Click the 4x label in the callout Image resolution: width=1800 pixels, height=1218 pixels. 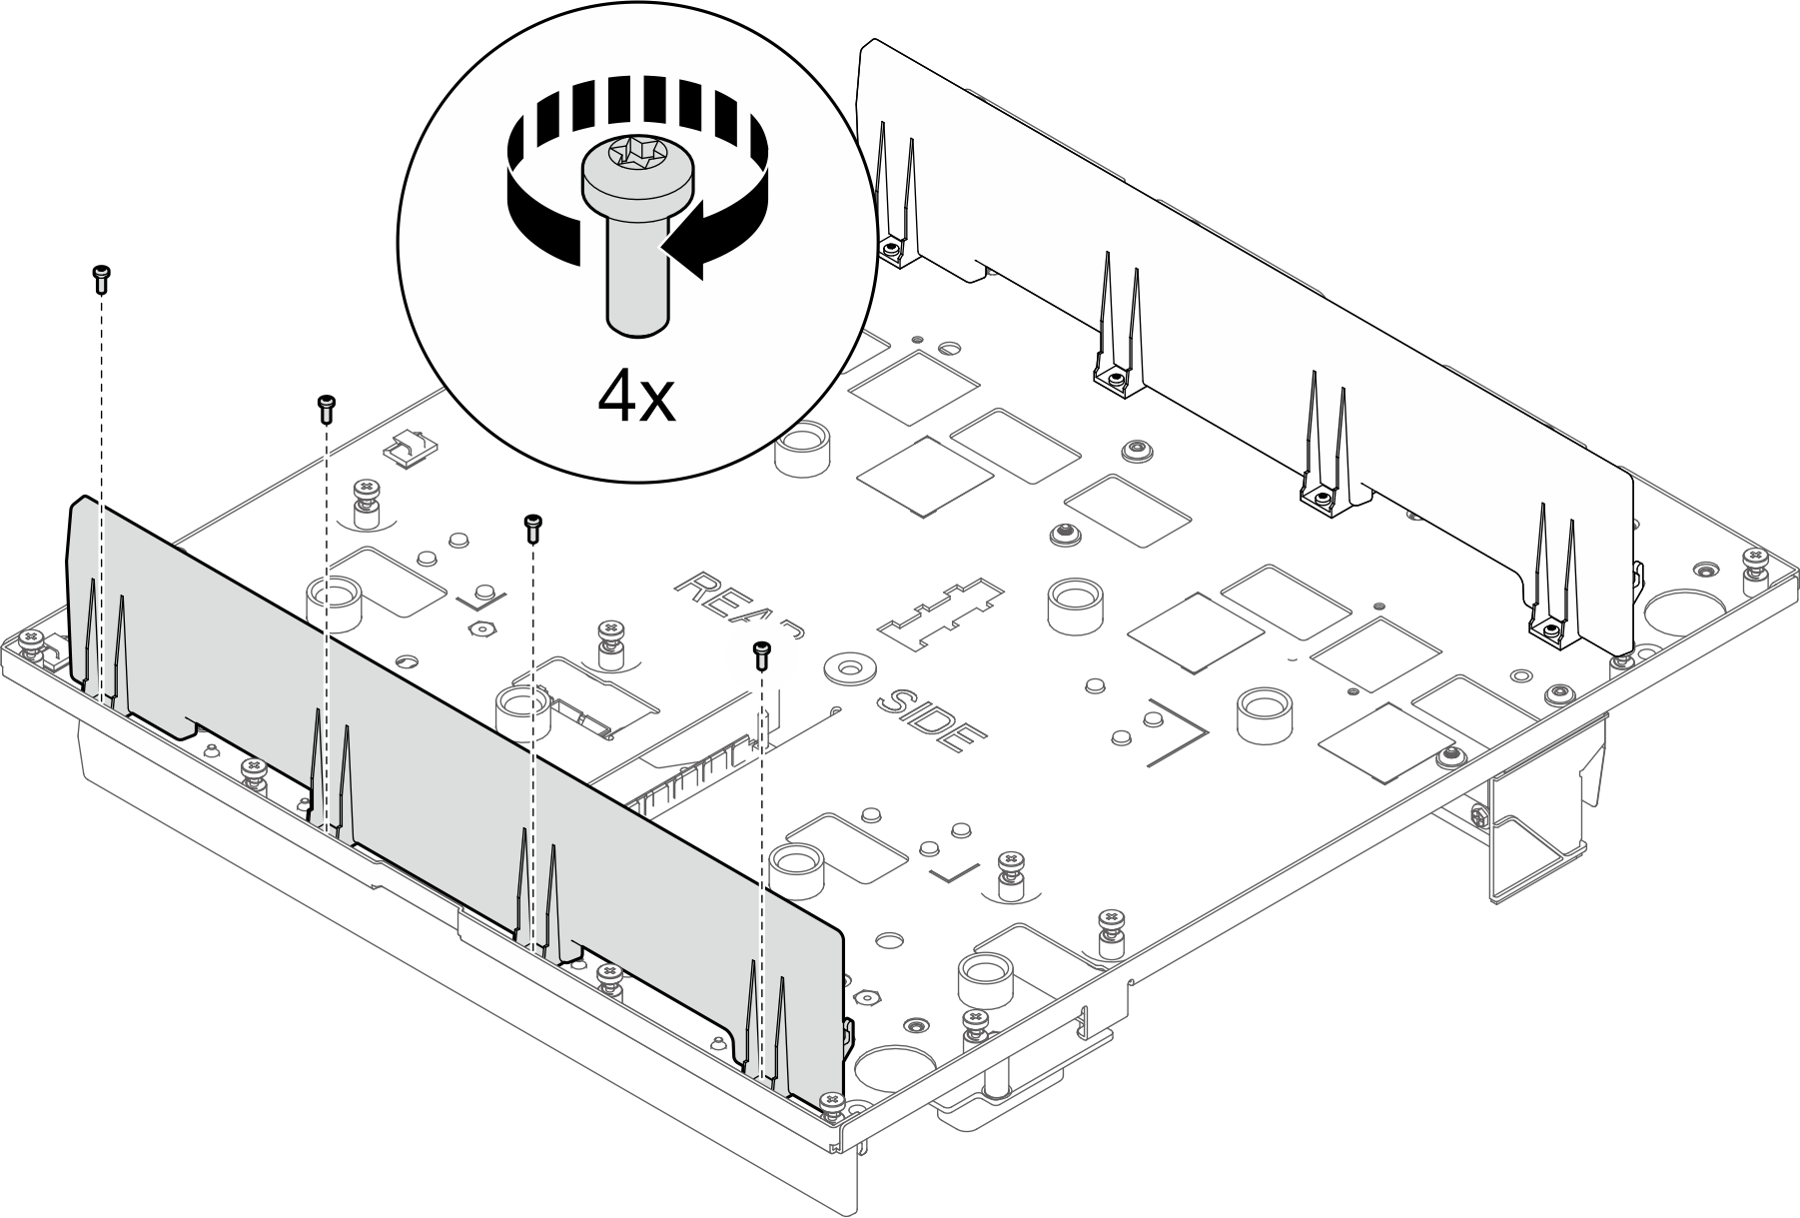tap(636, 400)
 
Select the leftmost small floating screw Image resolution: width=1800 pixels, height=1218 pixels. tap(101, 278)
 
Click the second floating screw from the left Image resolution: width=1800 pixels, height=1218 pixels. tap(326, 408)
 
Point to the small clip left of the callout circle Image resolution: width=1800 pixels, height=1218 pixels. tap(410, 449)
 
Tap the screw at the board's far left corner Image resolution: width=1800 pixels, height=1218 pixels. tap(31, 640)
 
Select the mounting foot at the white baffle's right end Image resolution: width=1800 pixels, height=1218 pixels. tap(1548, 630)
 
